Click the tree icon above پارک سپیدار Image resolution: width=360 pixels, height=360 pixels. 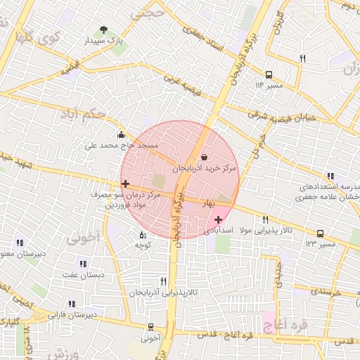(104, 30)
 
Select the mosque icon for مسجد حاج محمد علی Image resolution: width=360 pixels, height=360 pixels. (122, 135)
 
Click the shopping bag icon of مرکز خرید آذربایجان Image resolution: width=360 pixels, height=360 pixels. (204, 157)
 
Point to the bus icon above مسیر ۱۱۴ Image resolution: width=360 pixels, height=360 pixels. (269, 75)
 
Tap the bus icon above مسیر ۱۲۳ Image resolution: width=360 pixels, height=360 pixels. (321, 233)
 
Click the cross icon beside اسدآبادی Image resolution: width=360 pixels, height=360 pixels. (218, 220)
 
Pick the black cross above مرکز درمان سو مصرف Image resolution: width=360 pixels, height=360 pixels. (125, 184)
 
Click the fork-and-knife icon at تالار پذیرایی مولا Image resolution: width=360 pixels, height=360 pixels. (265, 219)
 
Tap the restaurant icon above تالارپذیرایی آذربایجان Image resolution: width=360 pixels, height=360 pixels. (164, 281)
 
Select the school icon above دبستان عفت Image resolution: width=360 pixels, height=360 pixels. (83, 264)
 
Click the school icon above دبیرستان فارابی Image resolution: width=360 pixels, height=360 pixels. (71, 304)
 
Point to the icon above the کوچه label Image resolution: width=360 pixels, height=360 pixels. (143, 235)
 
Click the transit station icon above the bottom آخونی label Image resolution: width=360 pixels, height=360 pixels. (150, 327)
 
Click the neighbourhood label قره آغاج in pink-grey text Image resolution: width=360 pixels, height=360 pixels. (283, 326)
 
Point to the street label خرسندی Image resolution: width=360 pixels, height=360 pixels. (325, 290)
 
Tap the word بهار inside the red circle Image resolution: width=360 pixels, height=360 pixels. (208, 203)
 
